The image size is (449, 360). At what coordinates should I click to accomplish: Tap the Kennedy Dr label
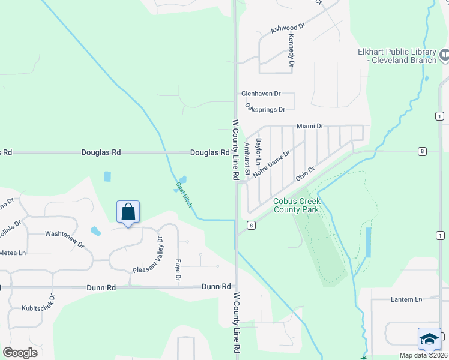coord(291,50)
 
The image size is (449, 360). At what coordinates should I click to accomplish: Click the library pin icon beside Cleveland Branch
coord(444,56)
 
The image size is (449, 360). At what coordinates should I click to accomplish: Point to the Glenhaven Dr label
coord(261,94)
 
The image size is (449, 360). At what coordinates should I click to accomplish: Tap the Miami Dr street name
coord(310,126)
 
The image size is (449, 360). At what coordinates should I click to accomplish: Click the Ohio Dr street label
coord(305,174)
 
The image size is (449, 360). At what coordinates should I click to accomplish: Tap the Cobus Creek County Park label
coord(296,205)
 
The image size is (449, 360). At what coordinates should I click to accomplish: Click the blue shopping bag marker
coord(128,212)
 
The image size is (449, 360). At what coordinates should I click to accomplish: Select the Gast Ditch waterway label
coord(184,194)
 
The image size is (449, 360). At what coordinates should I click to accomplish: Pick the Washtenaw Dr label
coord(65,233)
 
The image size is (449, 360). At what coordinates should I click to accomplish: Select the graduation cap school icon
coord(429,339)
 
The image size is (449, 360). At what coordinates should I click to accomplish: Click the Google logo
coord(20,353)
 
